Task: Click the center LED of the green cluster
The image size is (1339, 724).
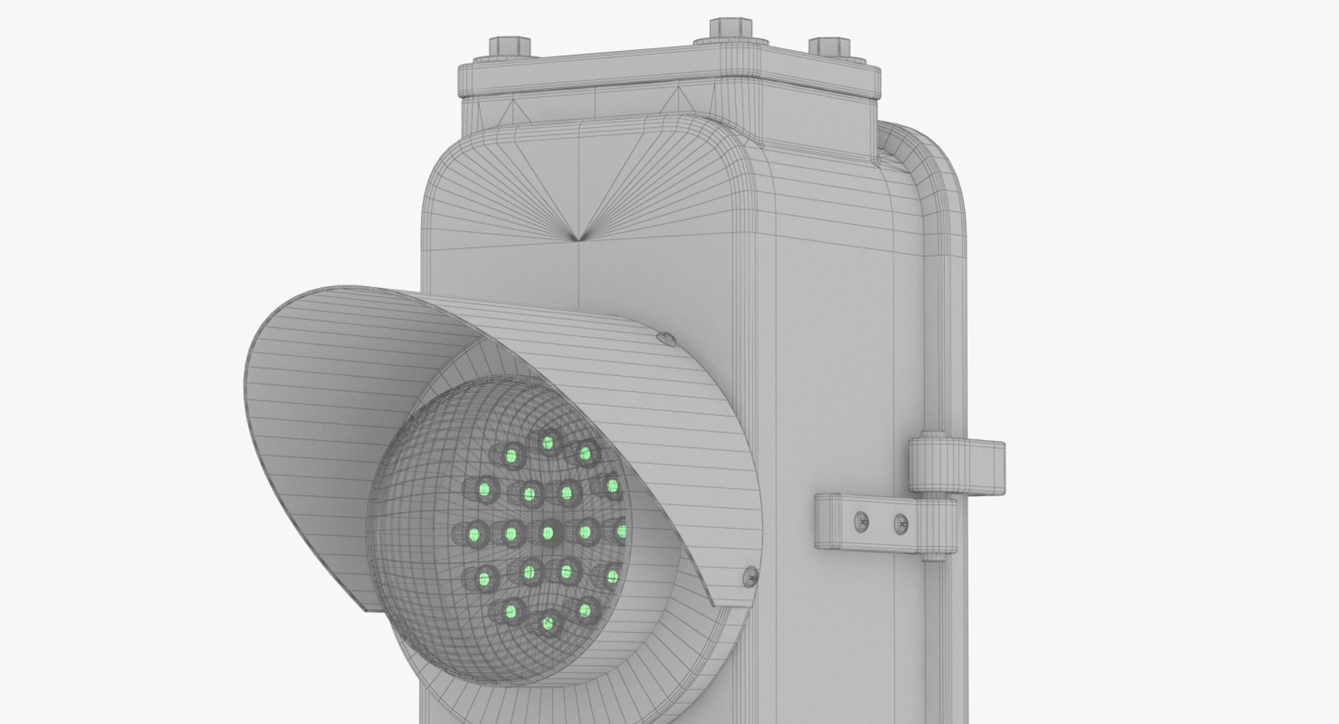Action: tap(547, 533)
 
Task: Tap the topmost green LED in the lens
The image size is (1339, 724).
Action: tap(547, 442)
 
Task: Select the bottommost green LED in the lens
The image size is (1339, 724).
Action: tap(547, 624)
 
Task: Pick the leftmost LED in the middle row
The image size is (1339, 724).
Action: tap(474, 534)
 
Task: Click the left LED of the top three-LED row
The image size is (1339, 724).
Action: tap(511, 457)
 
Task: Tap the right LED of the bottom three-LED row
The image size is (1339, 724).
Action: tap(584, 611)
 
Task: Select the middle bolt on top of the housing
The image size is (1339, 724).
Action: tap(730, 30)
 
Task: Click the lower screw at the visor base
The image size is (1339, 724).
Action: tap(749, 576)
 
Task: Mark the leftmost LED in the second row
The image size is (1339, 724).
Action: tap(483, 489)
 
